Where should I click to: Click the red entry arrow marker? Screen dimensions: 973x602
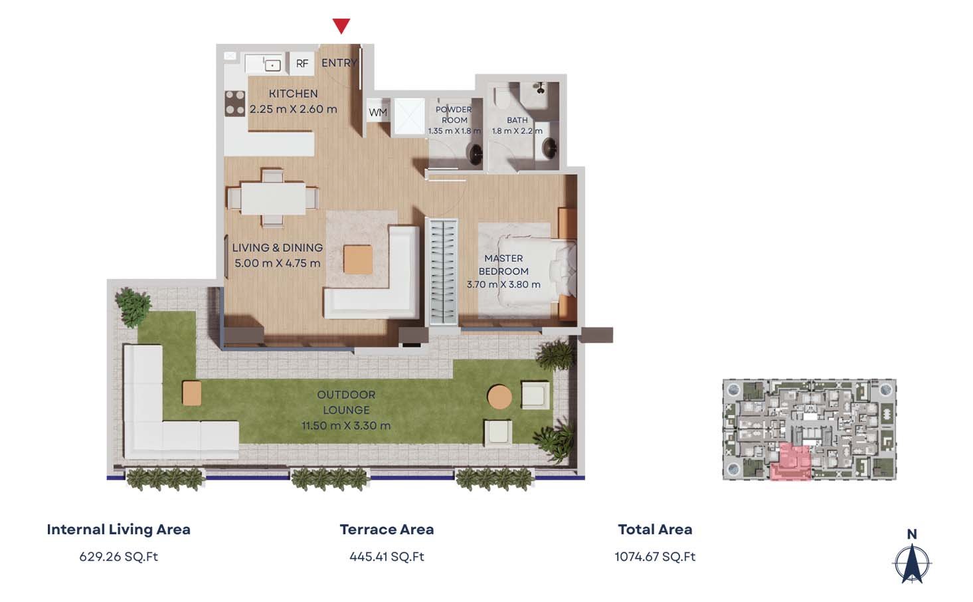coord(341,26)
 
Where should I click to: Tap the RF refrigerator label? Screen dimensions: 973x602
coord(302,64)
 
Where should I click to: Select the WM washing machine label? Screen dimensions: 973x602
coord(378,112)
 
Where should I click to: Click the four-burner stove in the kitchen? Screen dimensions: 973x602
coord(235,103)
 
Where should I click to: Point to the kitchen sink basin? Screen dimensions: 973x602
coord(272,65)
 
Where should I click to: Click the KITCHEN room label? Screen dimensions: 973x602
coord(293,94)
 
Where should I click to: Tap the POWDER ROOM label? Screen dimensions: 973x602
coord(454,115)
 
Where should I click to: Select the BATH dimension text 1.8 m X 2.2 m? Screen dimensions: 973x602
coord(517,130)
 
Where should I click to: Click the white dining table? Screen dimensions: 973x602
coord(273,199)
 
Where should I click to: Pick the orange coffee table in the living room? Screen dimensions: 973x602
coord(358,260)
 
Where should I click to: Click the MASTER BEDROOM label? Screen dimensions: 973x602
coord(504,264)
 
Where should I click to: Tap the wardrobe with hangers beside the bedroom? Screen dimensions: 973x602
coord(442,272)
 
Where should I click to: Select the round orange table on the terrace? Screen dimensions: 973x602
coord(499,397)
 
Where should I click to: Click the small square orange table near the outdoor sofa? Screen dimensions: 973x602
coord(191,393)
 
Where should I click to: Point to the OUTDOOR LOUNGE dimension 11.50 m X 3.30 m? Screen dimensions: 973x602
coord(346,425)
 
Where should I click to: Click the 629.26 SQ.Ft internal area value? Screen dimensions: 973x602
coord(119,556)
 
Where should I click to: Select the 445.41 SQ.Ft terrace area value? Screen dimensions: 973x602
coord(387,556)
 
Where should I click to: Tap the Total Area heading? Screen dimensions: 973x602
coord(655,530)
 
